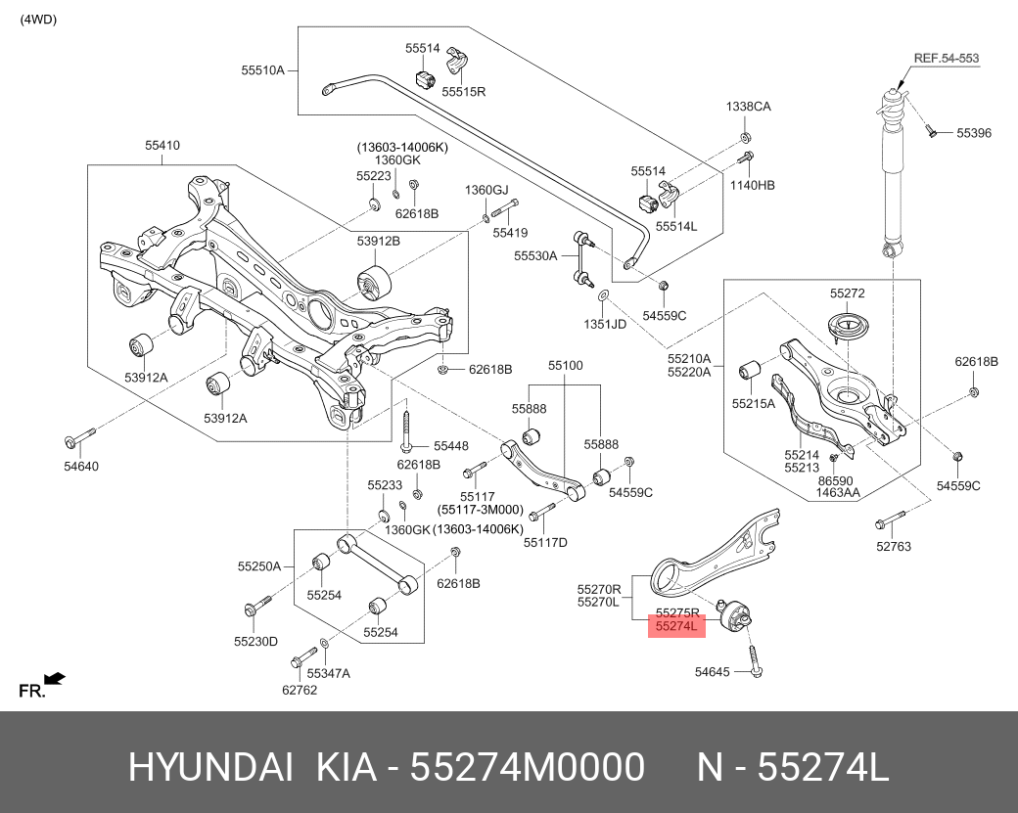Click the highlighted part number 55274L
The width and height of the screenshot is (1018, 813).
pos(676,626)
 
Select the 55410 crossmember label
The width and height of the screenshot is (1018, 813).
pos(162,146)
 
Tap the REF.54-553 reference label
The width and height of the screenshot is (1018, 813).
pos(946,58)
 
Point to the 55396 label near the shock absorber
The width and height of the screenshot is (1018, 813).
pos(974,132)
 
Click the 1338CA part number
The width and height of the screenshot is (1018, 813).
pos(748,107)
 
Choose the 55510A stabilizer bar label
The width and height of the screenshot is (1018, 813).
pos(262,69)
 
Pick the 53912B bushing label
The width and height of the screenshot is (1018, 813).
pos(378,240)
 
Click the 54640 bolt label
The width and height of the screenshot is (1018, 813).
pos(81,466)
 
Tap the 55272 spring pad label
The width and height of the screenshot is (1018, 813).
pos(847,293)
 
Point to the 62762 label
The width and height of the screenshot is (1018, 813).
pos(300,689)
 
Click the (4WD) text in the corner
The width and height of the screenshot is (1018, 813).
pos(38,19)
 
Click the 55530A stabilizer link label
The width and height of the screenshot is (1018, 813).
pos(535,255)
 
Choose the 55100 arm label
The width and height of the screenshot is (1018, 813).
pos(565,366)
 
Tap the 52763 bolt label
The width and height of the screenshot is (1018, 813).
pos(894,546)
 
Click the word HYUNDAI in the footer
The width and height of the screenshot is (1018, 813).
pos(210,768)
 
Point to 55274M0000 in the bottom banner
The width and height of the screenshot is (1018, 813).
pos(527,768)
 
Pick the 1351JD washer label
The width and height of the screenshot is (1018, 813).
pos(605,323)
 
